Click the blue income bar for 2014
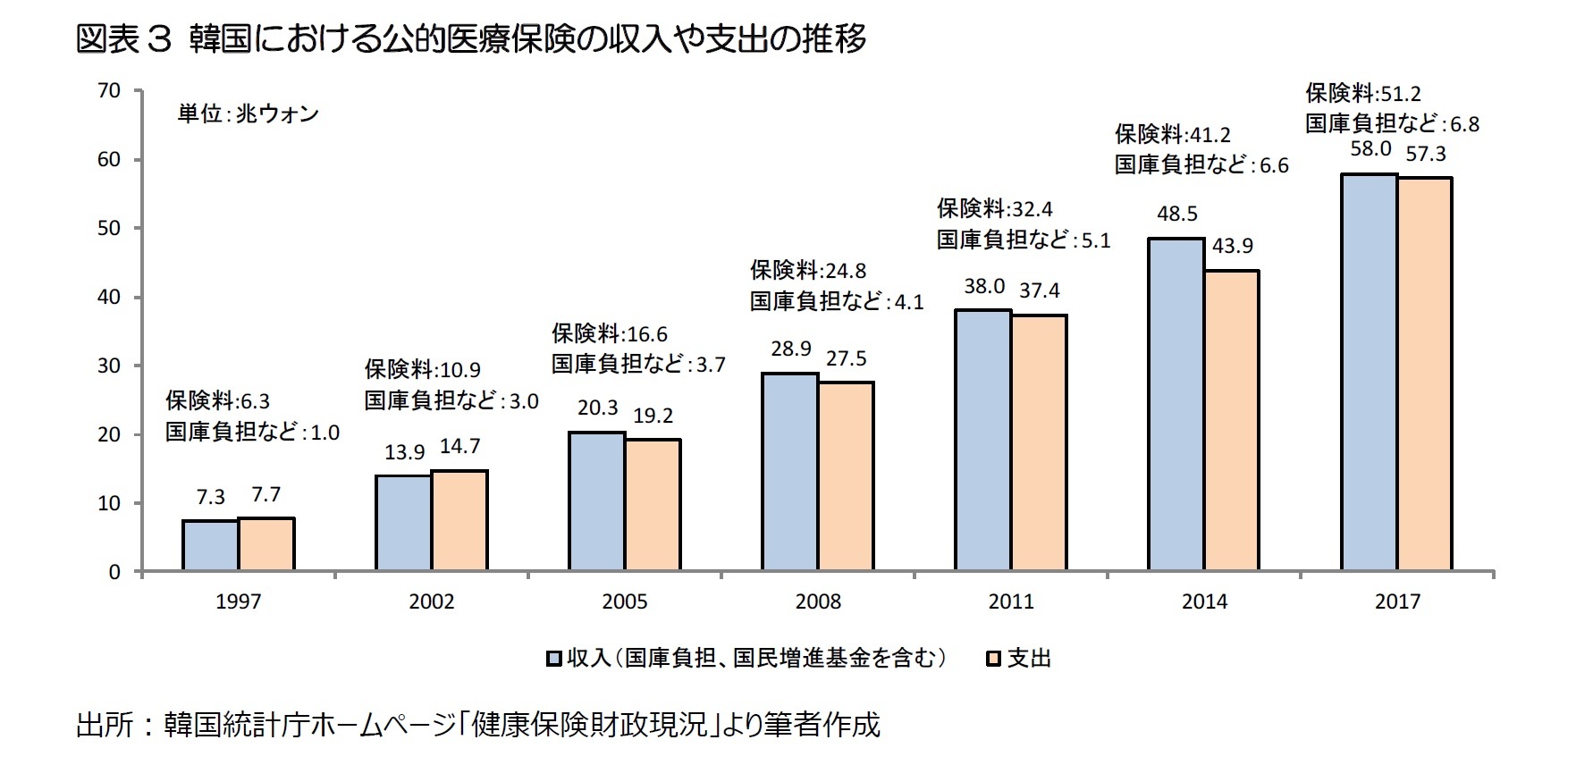(1176, 404)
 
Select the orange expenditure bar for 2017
(1425, 374)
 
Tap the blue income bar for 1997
(210, 545)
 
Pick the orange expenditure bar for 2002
(459, 520)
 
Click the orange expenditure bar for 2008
(846, 475)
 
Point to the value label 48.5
(1176, 214)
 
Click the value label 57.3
(1425, 155)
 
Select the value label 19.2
(653, 416)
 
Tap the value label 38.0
(983, 287)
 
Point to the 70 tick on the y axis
(109, 91)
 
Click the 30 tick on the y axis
(109, 366)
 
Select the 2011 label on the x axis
(1011, 602)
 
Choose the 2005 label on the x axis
(625, 602)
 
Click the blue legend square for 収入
(554, 660)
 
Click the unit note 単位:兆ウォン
(248, 114)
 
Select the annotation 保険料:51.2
(1362, 94)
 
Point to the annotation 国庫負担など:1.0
(252, 433)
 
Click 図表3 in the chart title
(123, 39)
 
